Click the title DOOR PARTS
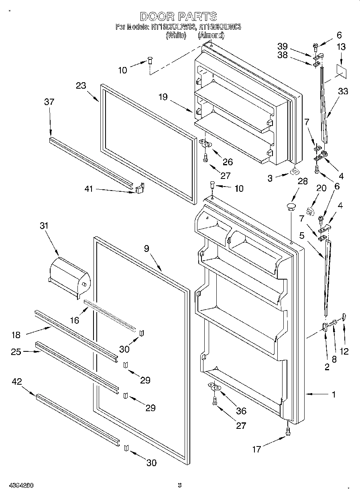click(179, 16)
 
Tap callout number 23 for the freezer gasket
click(81, 85)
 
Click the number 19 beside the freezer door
click(163, 97)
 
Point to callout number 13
click(340, 47)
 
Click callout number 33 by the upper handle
click(342, 91)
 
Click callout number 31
click(44, 226)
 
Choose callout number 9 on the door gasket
click(147, 249)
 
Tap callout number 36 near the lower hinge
click(241, 411)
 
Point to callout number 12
click(344, 351)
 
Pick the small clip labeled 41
click(139, 189)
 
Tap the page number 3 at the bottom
click(180, 486)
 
